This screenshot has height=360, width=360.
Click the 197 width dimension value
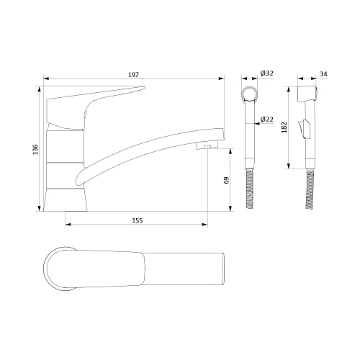(133, 75)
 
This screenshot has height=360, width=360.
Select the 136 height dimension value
(35, 149)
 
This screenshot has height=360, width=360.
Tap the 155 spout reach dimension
(138, 220)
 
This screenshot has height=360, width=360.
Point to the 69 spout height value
(226, 180)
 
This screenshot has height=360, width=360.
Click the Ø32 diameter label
(266, 73)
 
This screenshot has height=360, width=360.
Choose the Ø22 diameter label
(266, 119)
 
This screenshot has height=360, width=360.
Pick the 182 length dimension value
(284, 127)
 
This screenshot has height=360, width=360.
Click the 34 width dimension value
(323, 74)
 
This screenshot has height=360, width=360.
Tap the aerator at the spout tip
(207, 145)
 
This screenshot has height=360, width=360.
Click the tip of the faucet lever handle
(144, 87)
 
